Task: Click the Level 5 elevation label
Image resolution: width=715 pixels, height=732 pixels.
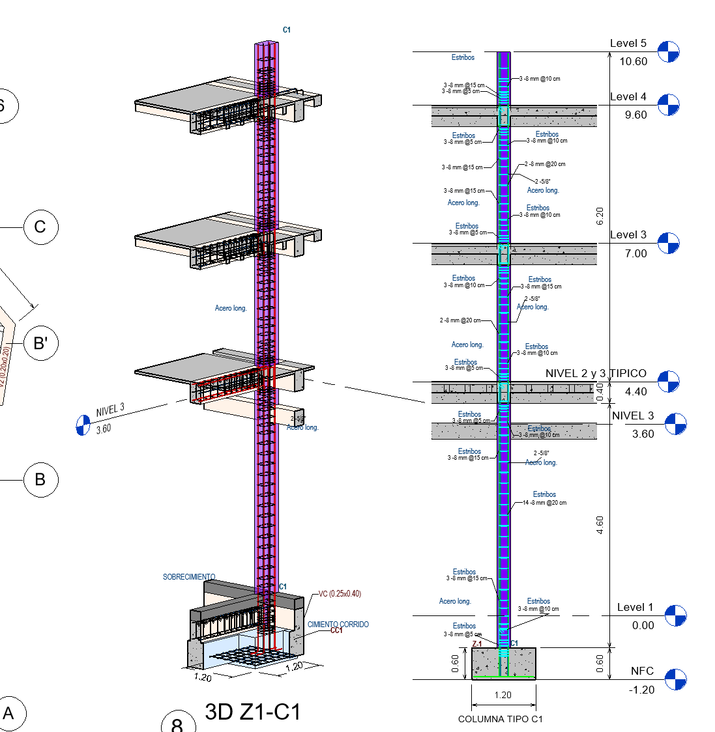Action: point(628,44)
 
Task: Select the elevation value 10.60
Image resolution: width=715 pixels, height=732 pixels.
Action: point(633,62)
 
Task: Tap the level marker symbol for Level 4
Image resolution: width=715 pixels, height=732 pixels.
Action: point(668,104)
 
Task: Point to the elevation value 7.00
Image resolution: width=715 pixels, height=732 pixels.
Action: point(635,253)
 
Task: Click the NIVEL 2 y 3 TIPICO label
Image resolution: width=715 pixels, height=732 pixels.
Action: point(596,373)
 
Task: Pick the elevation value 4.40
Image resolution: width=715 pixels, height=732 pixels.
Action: point(635,392)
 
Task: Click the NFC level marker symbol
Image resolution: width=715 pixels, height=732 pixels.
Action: point(675,679)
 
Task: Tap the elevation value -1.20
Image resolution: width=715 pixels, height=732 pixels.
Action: point(641,690)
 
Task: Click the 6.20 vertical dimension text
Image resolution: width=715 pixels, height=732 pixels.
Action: point(600,216)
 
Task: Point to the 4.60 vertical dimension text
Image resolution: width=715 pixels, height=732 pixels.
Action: point(600,525)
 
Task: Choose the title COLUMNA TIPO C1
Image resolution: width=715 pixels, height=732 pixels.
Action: point(500,719)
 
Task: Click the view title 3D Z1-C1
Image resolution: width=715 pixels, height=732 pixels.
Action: point(253,712)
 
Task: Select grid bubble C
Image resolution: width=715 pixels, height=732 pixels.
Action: point(40,227)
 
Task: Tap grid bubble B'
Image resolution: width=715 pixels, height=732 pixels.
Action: point(40,343)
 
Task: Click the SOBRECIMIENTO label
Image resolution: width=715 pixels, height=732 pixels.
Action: point(189,577)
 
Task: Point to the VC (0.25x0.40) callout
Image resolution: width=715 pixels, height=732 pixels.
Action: point(340,594)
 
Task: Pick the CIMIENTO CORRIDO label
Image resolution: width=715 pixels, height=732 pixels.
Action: point(338,625)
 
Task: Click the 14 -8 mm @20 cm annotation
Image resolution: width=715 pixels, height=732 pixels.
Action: point(544,503)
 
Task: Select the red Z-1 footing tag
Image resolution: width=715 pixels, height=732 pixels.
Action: point(477,644)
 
